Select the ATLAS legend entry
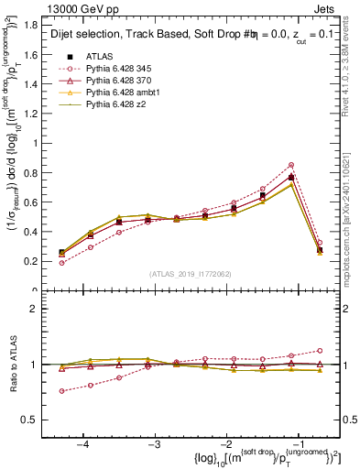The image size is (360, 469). pyautogui.click(x=101, y=56)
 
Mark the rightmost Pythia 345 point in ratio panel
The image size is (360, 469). pyautogui.click(x=320, y=350)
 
